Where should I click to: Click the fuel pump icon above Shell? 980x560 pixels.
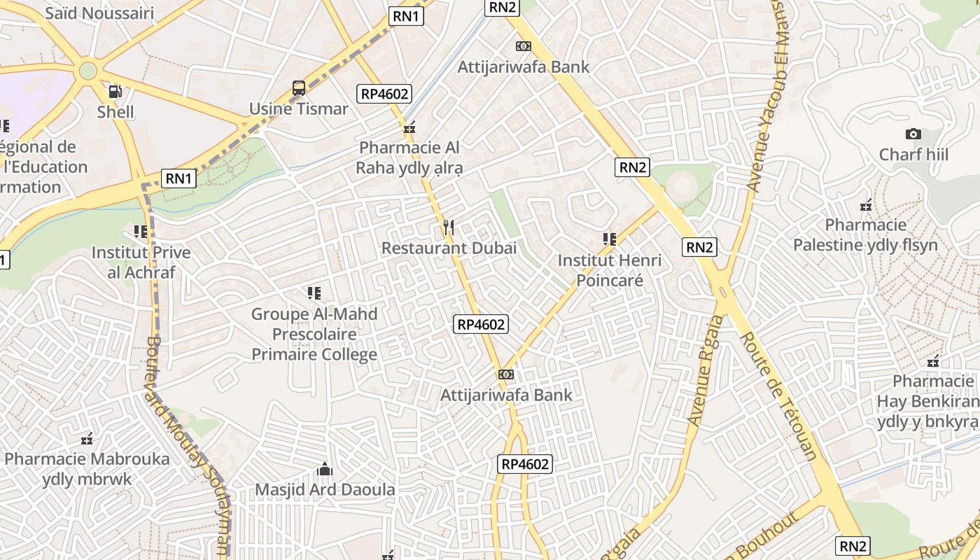[115, 91]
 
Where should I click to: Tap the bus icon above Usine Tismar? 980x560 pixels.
[299, 88]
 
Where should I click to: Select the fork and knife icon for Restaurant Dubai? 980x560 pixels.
[449, 227]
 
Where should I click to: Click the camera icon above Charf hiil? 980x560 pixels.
[913, 134]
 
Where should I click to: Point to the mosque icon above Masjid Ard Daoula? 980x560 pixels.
[325, 468]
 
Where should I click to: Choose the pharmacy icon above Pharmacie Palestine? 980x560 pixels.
[866, 205]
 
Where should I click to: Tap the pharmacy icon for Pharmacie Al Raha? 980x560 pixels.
[409, 127]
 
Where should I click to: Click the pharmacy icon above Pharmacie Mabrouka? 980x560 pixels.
[87, 439]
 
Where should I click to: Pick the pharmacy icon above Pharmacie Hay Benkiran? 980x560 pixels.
[932, 362]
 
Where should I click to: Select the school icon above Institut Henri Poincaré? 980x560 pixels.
[610, 239]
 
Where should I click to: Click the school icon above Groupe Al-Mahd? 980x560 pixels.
[314, 293]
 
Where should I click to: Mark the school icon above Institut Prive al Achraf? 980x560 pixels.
[141, 231]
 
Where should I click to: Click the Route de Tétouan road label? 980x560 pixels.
[778, 395]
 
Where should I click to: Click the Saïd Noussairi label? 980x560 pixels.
[99, 13]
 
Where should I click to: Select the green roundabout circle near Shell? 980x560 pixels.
[87, 71]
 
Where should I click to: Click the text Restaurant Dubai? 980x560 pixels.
[449, 248]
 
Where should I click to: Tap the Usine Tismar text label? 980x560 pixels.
[299, 109]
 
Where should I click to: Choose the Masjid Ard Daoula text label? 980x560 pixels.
[325, 489]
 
